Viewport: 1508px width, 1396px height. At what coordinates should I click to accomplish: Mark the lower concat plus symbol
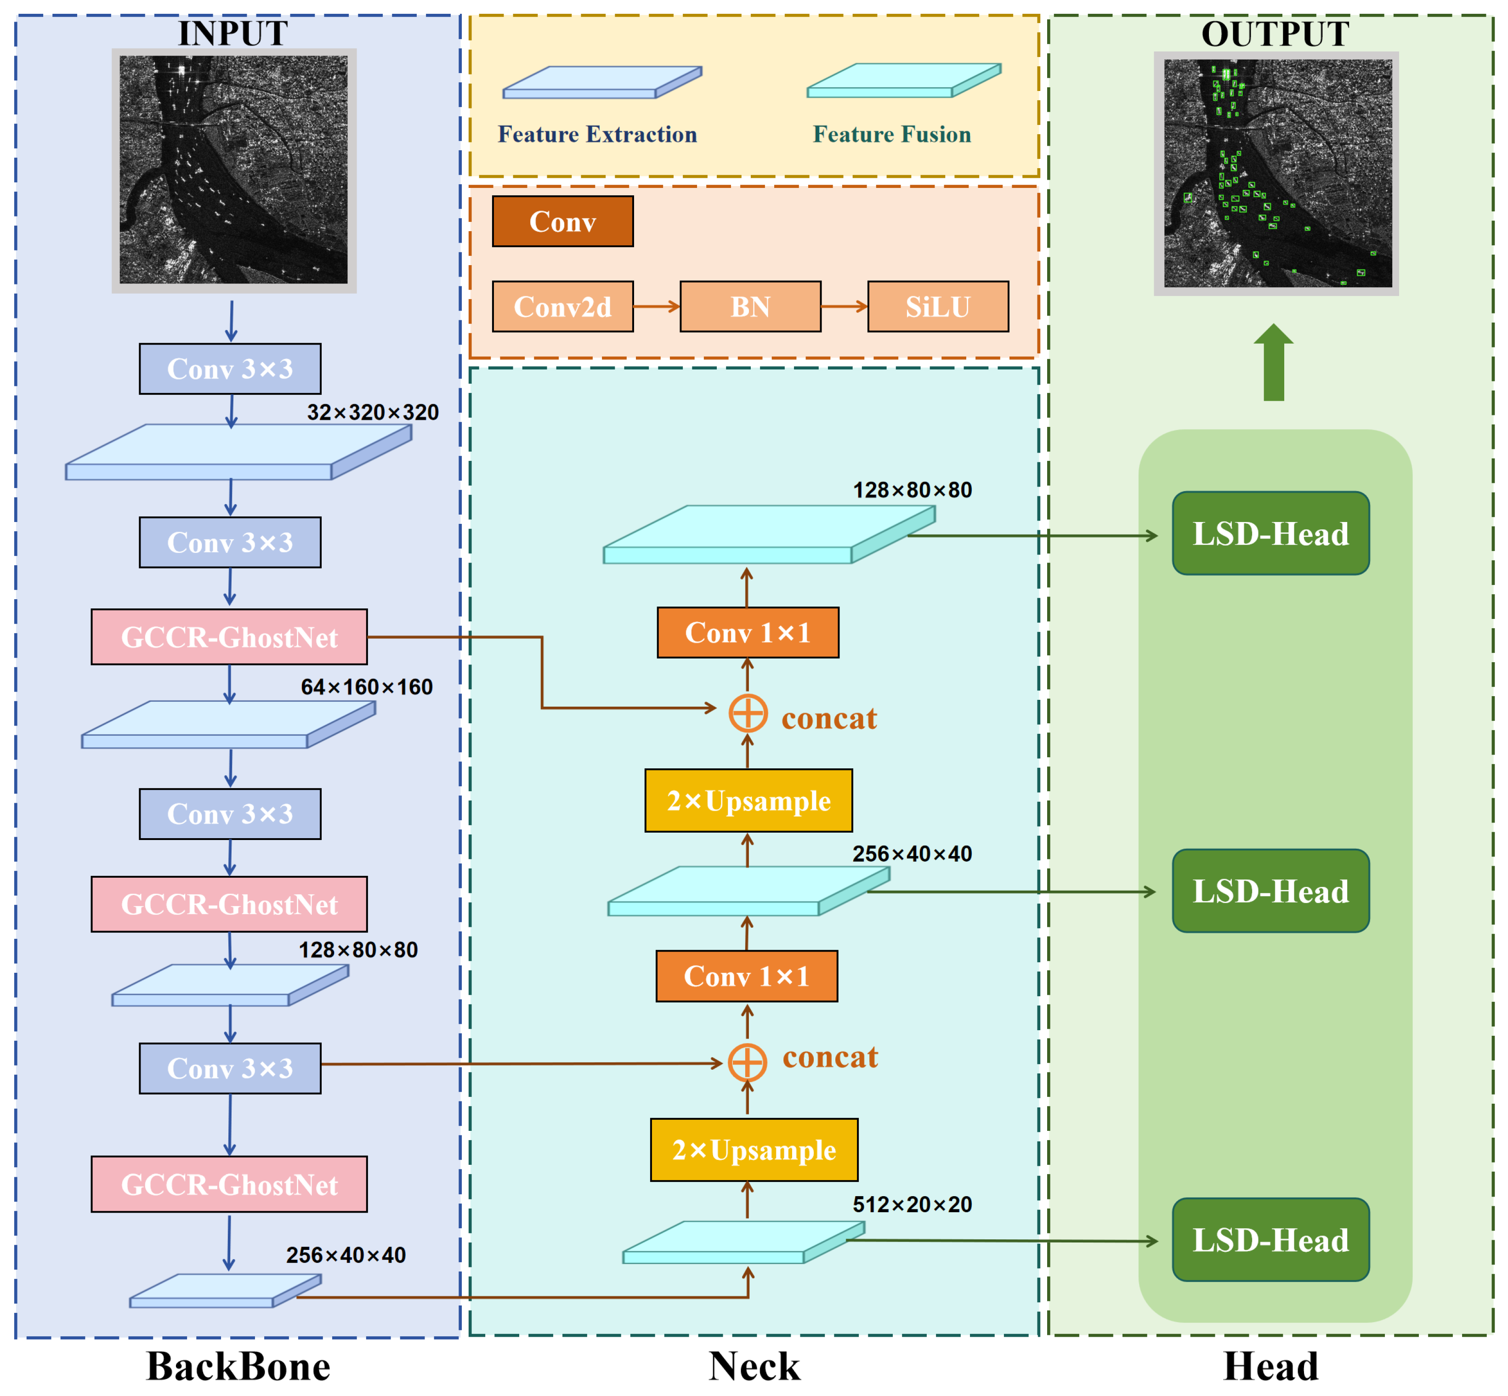pos(747,1062)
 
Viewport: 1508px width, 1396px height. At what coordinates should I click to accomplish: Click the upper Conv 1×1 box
pos(747,632)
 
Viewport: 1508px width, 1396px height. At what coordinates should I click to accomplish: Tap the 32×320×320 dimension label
pos(373,413)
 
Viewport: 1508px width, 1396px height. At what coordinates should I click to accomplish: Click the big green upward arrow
pos(1273,363)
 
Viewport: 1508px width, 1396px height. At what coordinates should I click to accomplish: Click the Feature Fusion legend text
pos(891,135)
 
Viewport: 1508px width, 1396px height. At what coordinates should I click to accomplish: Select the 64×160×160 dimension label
pos(366,687)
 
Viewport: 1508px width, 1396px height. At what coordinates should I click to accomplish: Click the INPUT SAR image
pos(233,170)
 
